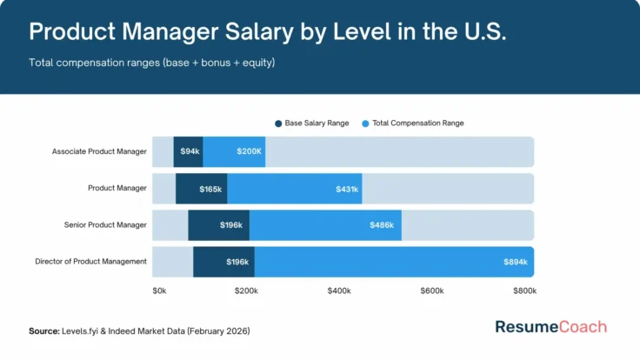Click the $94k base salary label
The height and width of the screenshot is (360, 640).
tap(189, 151)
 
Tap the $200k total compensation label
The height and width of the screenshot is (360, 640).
tap(248, 151)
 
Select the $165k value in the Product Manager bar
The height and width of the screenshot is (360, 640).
tap(211, 189)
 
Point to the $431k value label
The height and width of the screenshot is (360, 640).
tap(347, 189)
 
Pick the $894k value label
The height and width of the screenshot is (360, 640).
tap(516, 262)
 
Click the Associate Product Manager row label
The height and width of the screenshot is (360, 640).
tap(99, 151)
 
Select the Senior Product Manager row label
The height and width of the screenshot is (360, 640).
tap(105, 225)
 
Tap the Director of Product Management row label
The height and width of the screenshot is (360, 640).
tap(90, 262)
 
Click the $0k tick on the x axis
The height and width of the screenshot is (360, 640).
tap(159, 290)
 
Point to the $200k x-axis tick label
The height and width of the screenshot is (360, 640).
tap(246, 290)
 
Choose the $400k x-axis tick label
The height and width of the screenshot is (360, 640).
tap(339, 290)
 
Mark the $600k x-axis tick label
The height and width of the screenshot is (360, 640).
tap(432, 290)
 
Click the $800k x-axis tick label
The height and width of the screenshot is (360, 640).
tap(524, 290)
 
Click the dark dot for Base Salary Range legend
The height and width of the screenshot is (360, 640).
tap(278, 123)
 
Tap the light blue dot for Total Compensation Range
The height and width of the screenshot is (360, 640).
tap(365, 123)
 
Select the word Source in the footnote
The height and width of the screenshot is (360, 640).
tap(43, 331)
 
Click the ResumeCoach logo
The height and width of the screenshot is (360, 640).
tap(550, 328)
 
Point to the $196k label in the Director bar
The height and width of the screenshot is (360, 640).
tap(237, 262)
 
